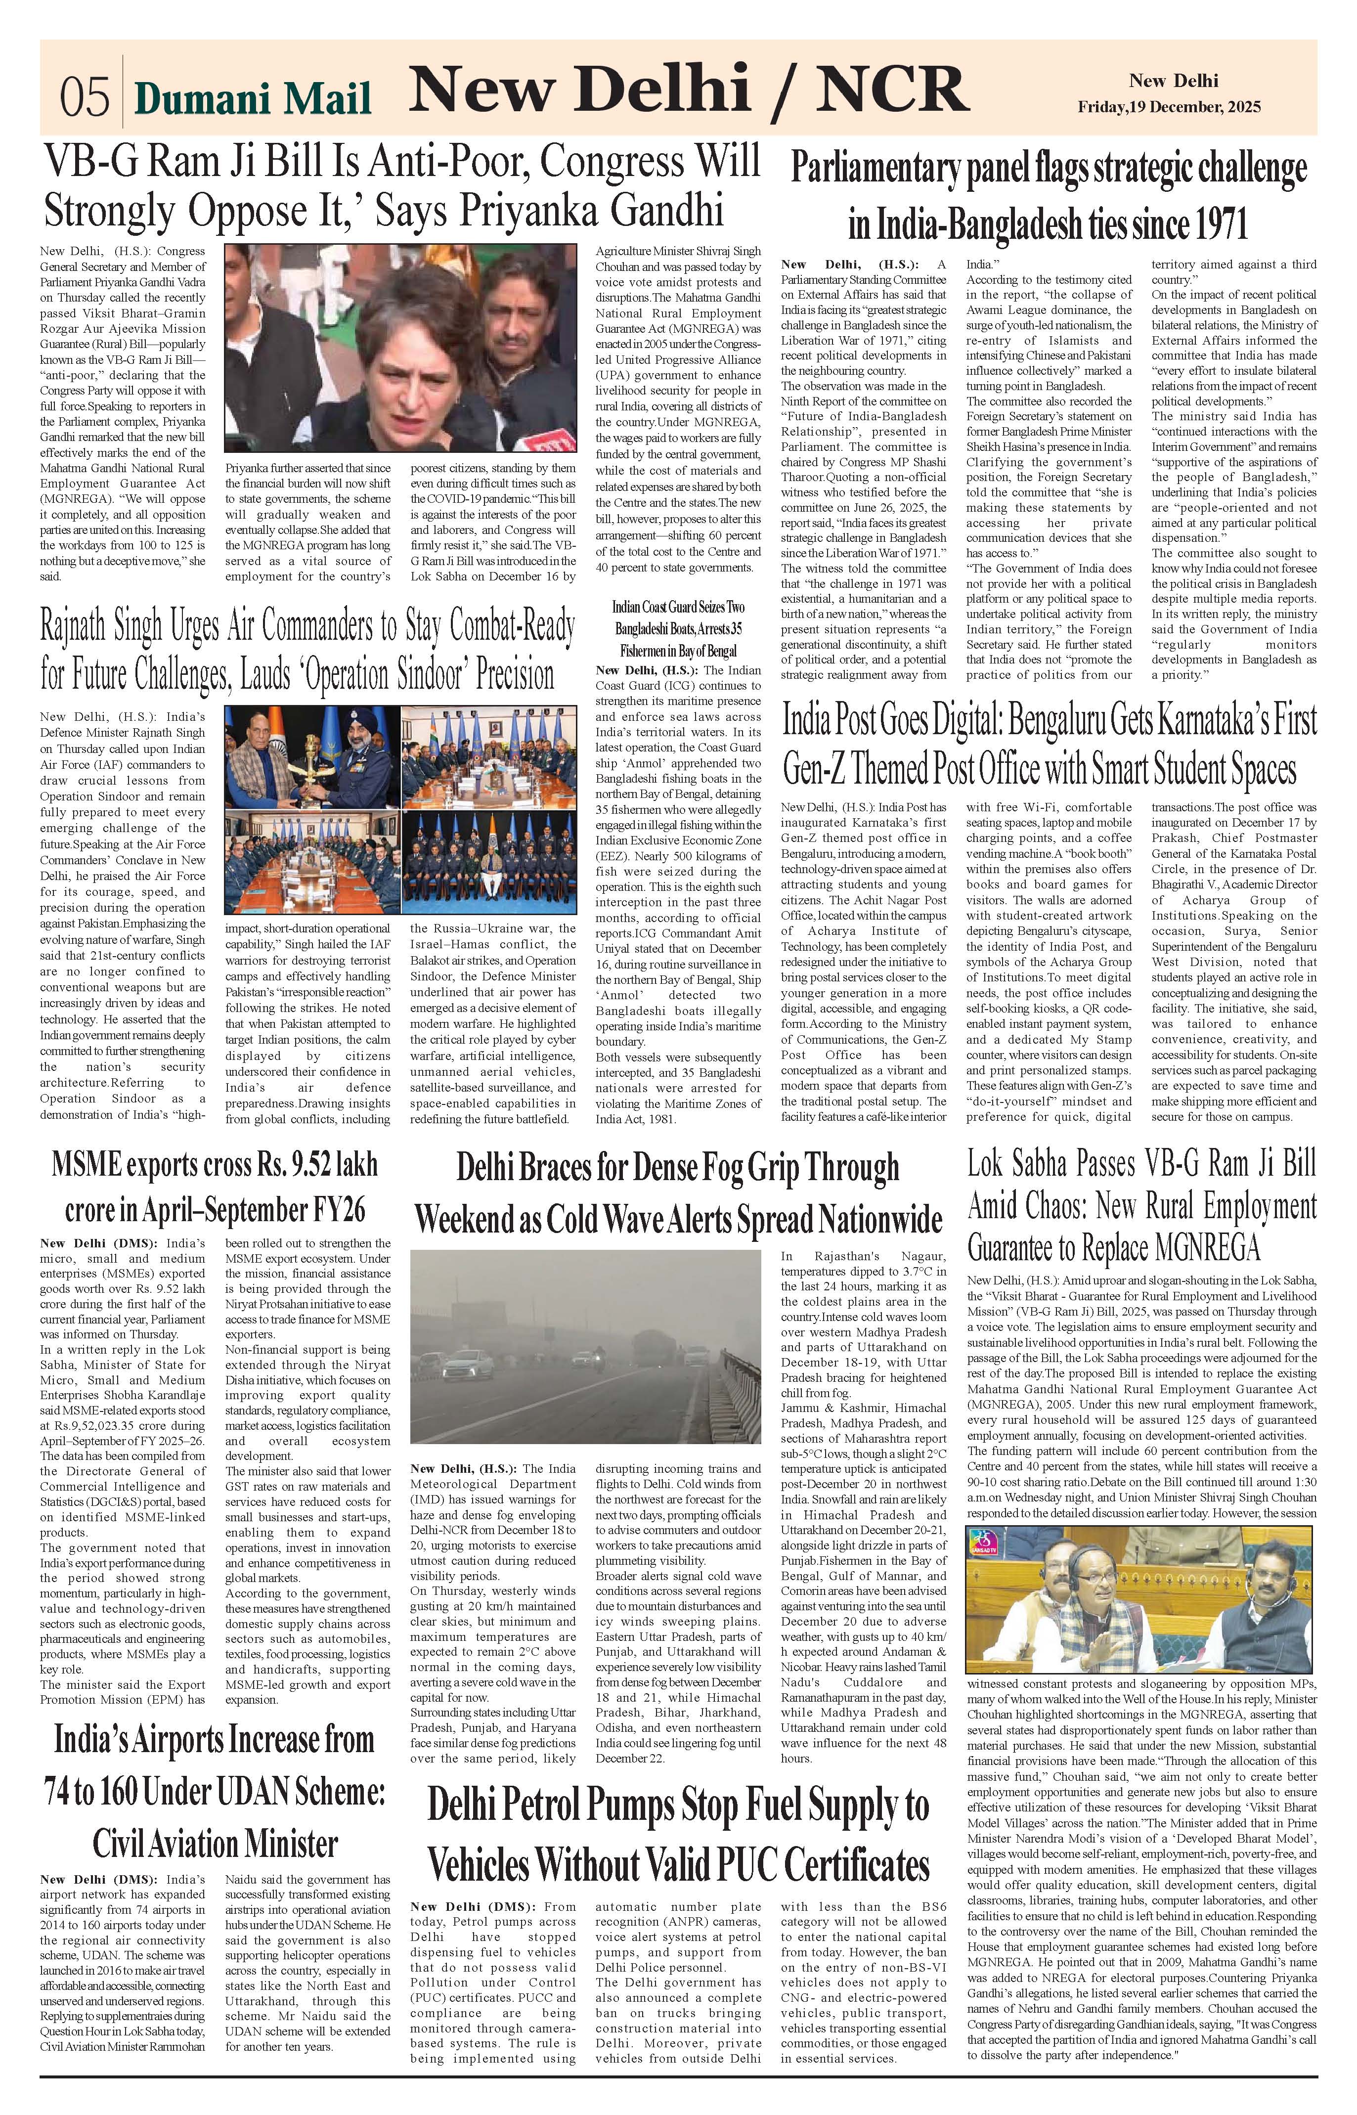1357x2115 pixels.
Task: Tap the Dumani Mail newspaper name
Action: coord(252,99)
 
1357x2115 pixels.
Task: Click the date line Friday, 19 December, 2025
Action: coord(1169,107)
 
